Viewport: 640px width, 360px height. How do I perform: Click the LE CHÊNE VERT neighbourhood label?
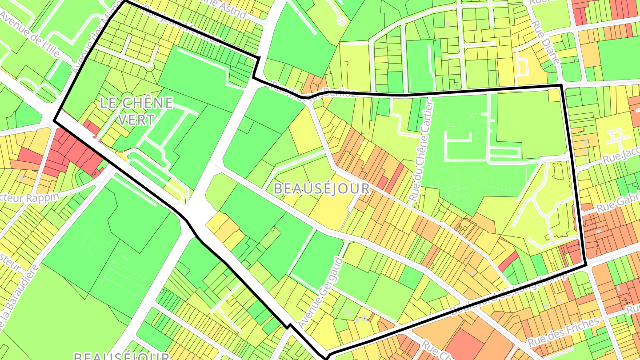pyautogui.click(x=136, y=111)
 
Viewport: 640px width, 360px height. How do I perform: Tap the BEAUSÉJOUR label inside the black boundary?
pyautogui.click(x=321, y=188)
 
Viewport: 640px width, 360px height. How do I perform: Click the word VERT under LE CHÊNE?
pyautogui.click(x=137, y=119)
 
